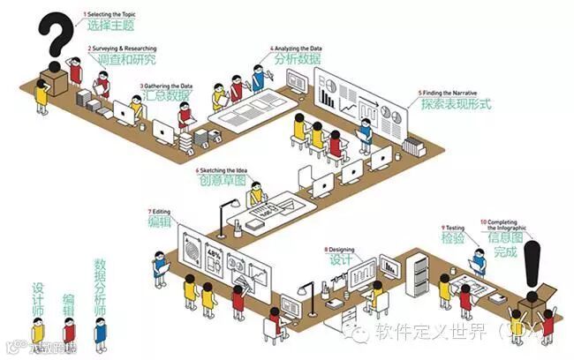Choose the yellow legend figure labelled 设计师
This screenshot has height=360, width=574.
tap(39, 333)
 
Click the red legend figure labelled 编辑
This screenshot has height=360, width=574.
tap(69, 334)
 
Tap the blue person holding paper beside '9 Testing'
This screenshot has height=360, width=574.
tap(478, 260)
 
